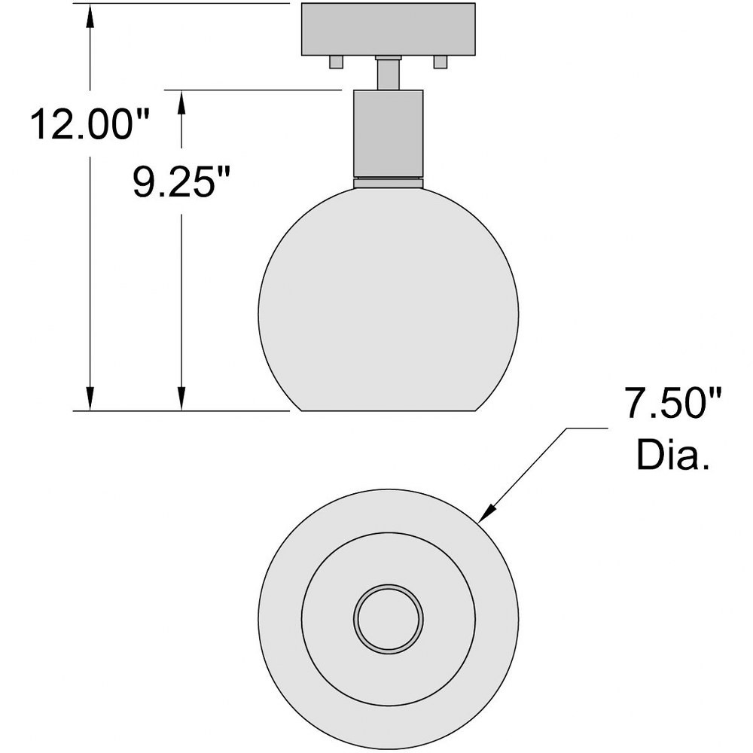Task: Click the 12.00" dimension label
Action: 90,124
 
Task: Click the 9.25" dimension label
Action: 181,181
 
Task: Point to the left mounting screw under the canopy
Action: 336,62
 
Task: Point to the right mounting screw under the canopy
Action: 441,62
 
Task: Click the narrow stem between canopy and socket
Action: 388,73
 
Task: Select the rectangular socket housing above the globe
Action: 388,133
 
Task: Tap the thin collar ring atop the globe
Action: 388,182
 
